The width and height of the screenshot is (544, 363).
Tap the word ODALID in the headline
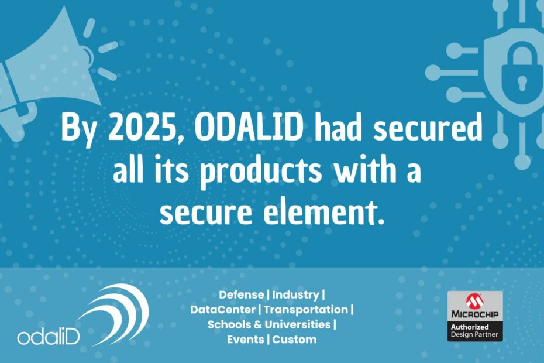[x=249, y=127]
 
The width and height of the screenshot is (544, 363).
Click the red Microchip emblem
[x=474, y=301]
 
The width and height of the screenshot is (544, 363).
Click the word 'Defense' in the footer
[x=241, y=294]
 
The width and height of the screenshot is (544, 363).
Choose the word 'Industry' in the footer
[x=295, y=295]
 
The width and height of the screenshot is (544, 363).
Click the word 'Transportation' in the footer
[x=305, y=310]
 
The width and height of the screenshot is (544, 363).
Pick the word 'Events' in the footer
[x=245, y=340]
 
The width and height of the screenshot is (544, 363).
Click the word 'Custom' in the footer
[x=294, y=340]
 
